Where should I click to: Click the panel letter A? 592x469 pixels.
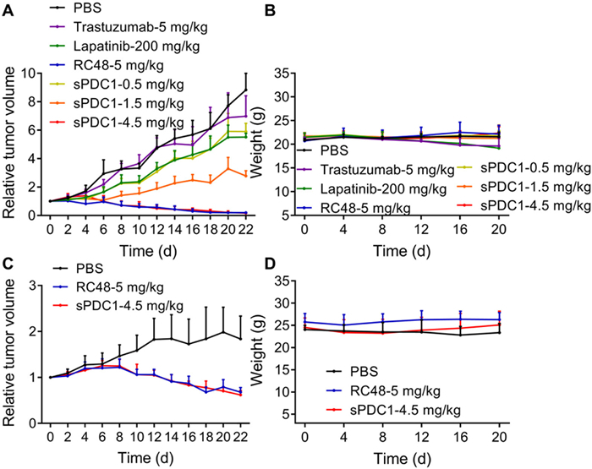pos(8,9)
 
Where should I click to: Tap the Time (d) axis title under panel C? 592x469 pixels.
pos(148,460)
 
